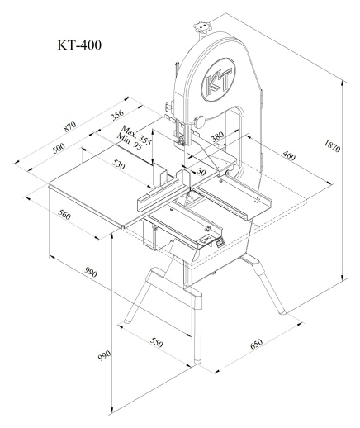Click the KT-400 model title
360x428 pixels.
pos(79,45)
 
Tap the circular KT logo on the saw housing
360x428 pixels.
pos(219,80)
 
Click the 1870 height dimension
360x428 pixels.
pos(332,146)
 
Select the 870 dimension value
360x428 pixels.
pos(70,126)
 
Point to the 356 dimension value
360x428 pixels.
pos(117,115)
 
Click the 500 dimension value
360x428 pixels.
pos(59,148)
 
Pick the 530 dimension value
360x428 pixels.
pos(118,164)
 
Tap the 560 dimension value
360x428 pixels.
pos(64,215)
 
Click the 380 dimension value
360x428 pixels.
pos(217,136)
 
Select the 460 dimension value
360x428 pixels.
pos(289,155)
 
